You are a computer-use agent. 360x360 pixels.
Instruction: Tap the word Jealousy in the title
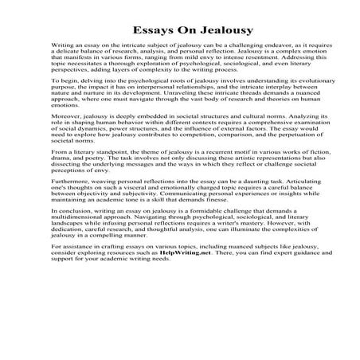click(x=209, y=30)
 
